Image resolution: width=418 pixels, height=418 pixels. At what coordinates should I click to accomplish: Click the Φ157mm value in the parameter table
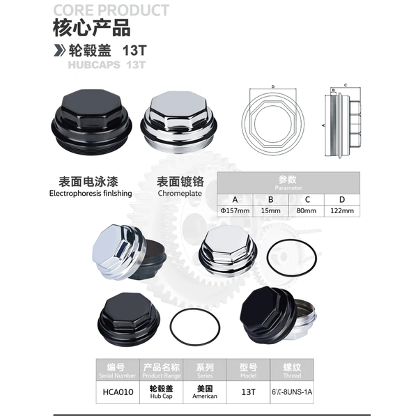(x=235, y=211)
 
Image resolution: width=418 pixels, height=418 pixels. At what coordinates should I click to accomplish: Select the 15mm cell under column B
(x=270, y=211)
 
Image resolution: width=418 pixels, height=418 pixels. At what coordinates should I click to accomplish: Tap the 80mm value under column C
(x=307, y=211)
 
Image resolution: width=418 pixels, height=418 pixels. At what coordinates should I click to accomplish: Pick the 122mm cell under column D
(x=342, y=211)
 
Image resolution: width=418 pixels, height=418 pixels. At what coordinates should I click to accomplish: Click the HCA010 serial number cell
(x=118, y=392)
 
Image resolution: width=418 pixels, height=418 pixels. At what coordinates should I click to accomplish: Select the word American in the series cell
(x=205, y=396)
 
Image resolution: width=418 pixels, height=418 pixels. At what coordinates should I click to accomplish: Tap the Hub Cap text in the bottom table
(x=162, y=396)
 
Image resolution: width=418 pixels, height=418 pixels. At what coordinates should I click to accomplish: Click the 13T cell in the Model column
(x=248, y=392)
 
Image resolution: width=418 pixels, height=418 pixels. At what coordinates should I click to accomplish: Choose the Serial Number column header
(x=117, y=376)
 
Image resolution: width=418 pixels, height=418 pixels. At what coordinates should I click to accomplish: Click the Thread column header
(x=292, y=376)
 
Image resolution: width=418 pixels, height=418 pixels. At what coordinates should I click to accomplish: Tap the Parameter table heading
(x=288, y=188)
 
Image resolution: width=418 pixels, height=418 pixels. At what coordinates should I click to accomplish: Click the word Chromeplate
(x=180, y=193)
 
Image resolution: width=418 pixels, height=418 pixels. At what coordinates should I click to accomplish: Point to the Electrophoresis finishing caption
(x=91, y=193)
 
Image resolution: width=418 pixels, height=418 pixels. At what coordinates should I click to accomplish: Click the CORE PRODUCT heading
(x=111, y=10)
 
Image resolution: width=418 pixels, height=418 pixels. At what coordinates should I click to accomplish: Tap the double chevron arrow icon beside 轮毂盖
(x=59, y=50)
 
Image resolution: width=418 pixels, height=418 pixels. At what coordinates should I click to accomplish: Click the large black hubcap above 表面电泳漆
(x=91, y=121)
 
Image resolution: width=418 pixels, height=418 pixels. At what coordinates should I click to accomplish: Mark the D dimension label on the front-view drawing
(x=273, y=86)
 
